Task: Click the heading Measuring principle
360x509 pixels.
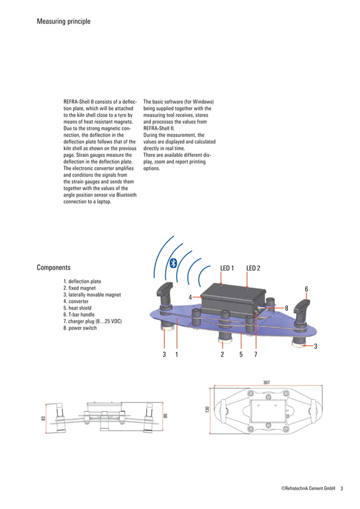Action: pos(63,21)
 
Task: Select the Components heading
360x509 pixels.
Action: pos(54,267)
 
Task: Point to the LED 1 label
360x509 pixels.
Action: pos(227,267)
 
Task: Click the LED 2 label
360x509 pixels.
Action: pos(253,267)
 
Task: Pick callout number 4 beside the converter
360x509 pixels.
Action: pos(190,297)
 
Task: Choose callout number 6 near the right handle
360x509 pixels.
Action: pos(306,289)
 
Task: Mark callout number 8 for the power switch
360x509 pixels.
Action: pos(287,308)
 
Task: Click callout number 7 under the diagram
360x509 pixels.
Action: pos(256,354)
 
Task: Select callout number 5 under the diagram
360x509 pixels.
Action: pos(241,354)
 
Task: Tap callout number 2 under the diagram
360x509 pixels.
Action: pos(222,354)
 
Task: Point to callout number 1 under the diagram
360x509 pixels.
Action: pos(177,354)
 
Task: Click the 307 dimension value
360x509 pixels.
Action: pos(266,382)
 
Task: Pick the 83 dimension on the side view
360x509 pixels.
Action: pos(43,418)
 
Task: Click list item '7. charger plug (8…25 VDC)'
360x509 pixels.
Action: pos(93,321)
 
